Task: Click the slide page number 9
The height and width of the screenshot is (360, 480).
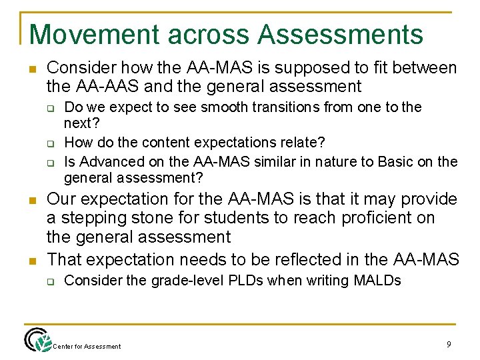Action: point(449,344)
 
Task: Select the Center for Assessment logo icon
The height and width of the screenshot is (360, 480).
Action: point(37,340)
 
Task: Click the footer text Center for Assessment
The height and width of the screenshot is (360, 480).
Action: point(87,346)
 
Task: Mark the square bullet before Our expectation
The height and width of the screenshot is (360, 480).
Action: point(32,200)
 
